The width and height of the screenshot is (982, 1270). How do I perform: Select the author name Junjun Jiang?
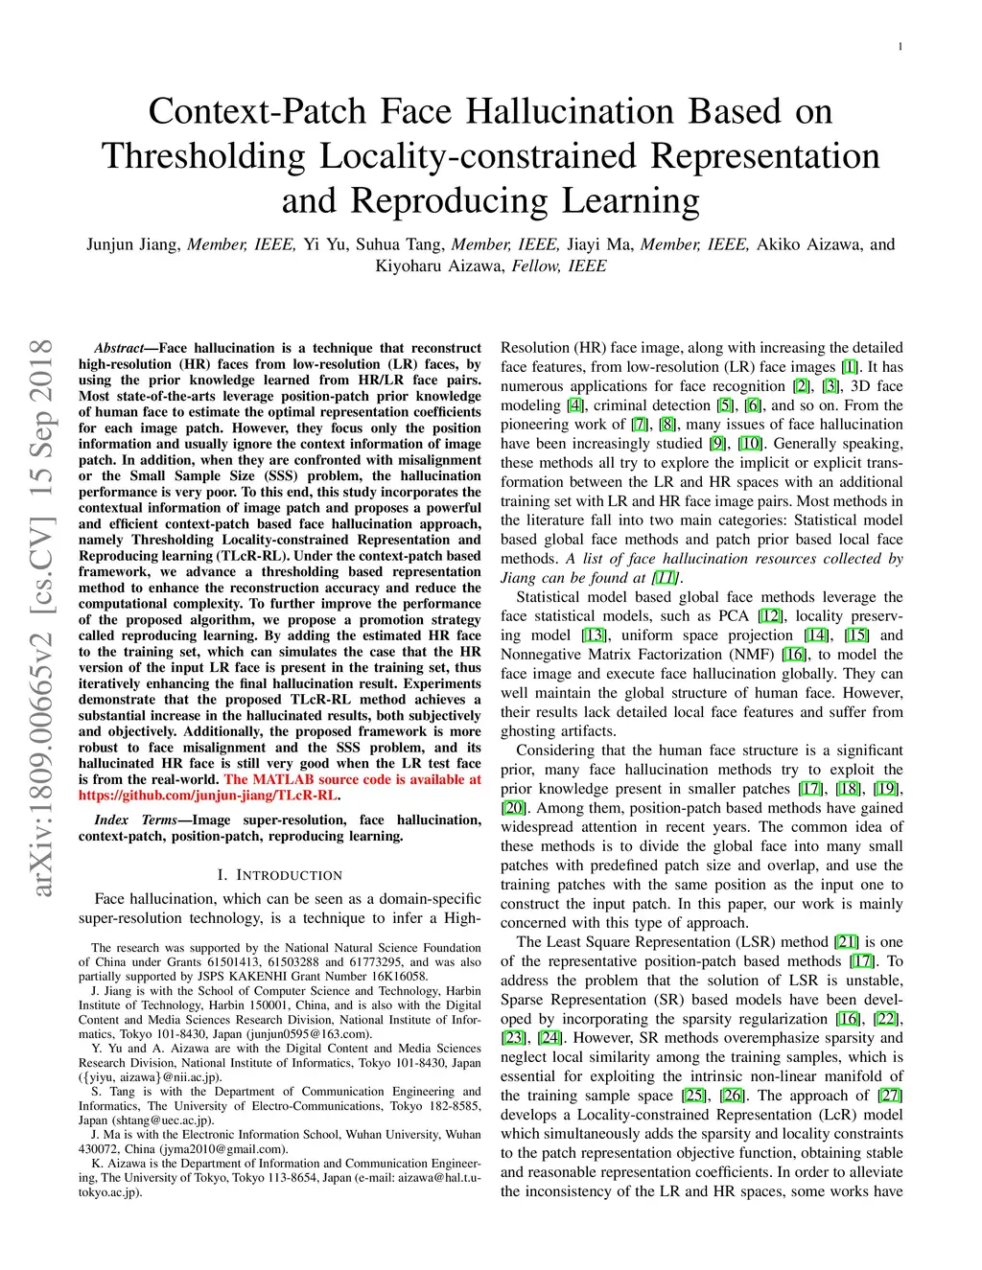pos(132,244)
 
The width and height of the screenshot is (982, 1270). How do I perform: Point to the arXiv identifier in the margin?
pos(42,618)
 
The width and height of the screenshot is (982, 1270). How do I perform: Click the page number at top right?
pos(900,47)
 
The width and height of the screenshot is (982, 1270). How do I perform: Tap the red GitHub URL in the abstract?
pos(208,796)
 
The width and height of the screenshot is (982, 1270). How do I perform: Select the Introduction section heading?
pos(279,875)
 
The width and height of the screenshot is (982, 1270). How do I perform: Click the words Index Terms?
pos(135,820)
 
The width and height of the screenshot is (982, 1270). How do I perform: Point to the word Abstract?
pos(119,348)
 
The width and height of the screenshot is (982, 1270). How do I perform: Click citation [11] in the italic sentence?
pos(665,578)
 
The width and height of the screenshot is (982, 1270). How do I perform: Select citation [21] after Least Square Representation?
pos(846,942)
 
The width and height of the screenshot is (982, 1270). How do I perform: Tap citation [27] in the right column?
pos(891,1096)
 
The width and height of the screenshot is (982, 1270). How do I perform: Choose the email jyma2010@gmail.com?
pos(237,1149)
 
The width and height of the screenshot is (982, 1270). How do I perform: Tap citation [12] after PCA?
pos(770,616)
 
